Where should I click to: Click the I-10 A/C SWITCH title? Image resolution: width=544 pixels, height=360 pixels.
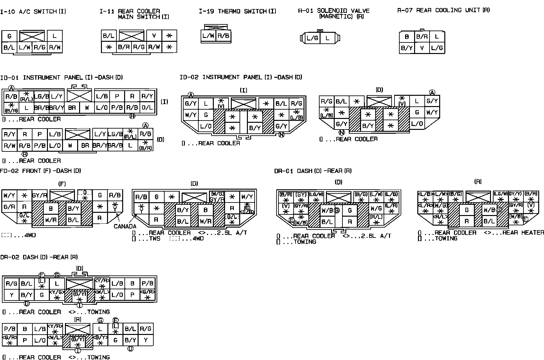pos(33,12)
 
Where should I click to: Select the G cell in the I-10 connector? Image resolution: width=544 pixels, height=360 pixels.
pos(9,36)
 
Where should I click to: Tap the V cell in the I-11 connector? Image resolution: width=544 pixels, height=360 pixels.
pos(154,36)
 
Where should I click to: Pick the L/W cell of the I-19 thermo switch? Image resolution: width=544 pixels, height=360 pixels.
pos(208,36)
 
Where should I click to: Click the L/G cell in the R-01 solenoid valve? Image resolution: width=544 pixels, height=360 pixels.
pos(312,38)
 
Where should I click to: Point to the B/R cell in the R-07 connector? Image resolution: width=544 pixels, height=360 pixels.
pos(422,37)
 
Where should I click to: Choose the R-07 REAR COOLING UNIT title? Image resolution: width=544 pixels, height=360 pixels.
pos(443,10)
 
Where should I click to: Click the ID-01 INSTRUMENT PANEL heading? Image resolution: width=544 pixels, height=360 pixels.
pos(61,77)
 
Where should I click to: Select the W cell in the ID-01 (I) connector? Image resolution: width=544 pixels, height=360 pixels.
pos(87,108)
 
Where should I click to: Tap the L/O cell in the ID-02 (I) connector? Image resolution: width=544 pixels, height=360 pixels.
pos(206,126)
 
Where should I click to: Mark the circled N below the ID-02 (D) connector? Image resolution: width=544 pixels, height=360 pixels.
pos(341,132)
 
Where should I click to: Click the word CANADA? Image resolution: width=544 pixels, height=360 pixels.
pos(125,226)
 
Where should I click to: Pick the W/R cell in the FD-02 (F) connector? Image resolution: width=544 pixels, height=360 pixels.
pos(51,220)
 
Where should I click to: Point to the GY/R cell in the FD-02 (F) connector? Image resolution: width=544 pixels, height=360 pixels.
pos(40,195)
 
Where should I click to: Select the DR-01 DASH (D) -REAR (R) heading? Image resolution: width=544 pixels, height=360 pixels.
pos(313,171)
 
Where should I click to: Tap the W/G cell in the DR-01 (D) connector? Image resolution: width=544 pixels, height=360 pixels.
pos(376,209)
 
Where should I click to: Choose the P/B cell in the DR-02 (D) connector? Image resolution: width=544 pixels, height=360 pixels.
pos(148,283)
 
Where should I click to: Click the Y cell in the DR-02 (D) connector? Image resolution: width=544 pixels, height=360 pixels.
pos(12,295)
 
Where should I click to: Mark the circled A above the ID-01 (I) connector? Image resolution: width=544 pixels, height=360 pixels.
pos(12,88)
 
